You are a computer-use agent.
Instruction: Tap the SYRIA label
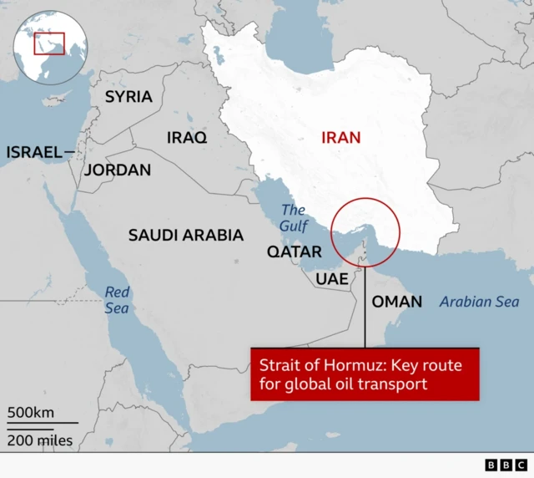(128, 97)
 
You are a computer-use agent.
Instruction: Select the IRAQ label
(187, 137)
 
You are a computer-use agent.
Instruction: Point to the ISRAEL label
(34, 152)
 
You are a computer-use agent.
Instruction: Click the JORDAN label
(118, 170)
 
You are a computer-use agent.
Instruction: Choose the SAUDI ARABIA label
(185, 236)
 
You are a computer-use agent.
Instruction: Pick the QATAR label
(294, 252)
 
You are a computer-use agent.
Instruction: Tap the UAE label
(331, 278)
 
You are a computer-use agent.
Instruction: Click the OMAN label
(396, 302)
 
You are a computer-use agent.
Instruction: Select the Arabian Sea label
(479, 302)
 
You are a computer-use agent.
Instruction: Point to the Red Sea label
(117, 300)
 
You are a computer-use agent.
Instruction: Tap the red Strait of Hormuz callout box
(365, 374)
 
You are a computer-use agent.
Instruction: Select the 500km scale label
(31, 412)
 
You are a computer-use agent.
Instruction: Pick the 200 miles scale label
(39, 440)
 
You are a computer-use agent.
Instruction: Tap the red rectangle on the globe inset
(49, 43)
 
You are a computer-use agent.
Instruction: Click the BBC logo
(506, 465)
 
